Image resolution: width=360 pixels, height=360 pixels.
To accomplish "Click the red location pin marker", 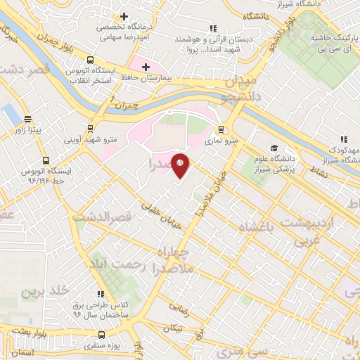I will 181,166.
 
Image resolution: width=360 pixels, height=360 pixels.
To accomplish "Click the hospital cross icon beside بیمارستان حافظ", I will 146,67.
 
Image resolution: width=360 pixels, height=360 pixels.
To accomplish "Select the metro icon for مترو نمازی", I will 221,129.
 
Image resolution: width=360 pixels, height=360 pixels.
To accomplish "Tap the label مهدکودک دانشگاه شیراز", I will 337,156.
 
